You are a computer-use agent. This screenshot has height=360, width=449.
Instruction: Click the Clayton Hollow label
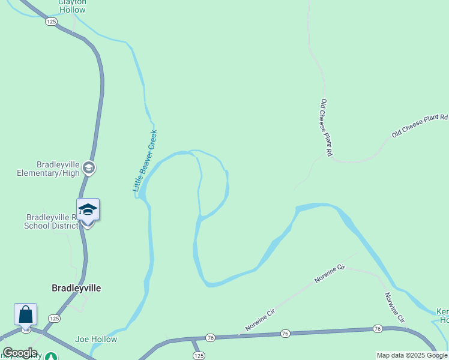(72, 5)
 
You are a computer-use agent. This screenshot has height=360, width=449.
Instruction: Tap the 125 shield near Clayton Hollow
(51, 22)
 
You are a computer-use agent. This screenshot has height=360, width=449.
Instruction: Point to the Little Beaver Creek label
(145, 161)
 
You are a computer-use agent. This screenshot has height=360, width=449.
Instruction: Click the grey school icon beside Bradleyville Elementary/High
(89, 167)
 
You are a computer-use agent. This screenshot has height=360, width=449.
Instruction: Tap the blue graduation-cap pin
(88, 211)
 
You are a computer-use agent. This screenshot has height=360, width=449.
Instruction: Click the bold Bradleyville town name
(76, 288)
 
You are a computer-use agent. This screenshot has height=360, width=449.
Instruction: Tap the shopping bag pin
(26, 314)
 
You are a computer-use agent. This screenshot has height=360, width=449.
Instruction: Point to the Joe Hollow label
(96, 339)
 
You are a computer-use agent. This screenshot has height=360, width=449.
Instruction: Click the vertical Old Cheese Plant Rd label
(326, 128)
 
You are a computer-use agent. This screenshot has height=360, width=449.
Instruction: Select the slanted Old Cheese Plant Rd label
(420, 126)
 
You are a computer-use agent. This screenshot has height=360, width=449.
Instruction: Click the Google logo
(19, 353)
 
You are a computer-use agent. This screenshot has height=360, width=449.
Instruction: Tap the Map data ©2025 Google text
(412, 355)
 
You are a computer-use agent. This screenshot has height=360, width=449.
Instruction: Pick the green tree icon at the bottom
(52, 357)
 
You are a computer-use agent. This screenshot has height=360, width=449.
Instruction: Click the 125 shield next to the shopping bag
(54, 318)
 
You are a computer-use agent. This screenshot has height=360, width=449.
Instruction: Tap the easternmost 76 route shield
(377, 328)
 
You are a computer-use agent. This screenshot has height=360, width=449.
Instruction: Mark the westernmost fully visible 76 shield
(209, 338)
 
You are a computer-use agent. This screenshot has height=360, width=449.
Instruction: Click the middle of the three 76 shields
(285, 333)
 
